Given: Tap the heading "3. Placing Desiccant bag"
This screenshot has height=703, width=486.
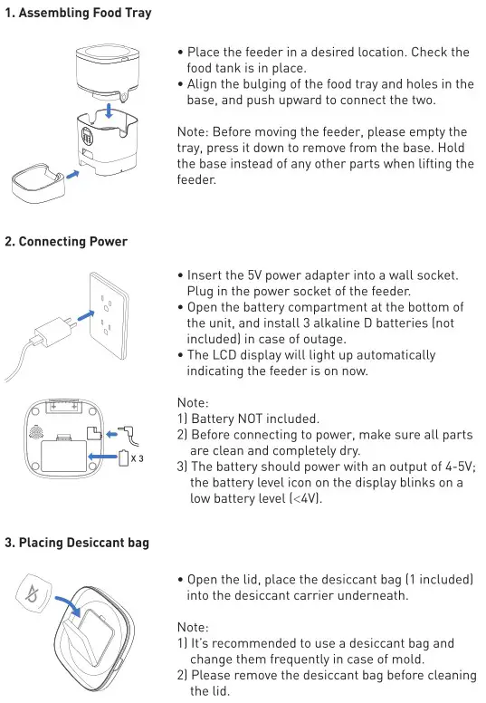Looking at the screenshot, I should tap(77, 543).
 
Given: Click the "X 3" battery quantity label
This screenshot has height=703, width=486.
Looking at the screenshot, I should tap(138, 458).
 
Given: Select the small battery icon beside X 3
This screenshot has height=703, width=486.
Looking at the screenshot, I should tap(125, 458).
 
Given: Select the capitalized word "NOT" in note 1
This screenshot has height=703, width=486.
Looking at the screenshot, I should tap(260, 418).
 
